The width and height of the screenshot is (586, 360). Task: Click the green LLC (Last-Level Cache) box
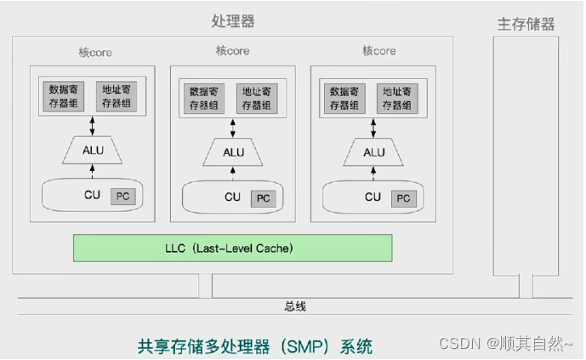tap(232, 248)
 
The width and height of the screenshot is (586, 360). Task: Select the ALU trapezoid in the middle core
tap(233, 152)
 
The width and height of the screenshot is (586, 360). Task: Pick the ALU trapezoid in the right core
tap(373, 152)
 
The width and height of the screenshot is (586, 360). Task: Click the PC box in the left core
tap(122, 196)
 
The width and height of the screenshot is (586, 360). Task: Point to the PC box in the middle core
tap(263, 198)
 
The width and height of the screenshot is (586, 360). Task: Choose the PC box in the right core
tap(404, 198)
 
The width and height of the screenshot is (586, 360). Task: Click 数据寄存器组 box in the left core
tap(65, 96)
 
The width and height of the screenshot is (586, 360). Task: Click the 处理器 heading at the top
tap(232, 20)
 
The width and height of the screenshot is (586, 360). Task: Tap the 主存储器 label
tap(526, 24)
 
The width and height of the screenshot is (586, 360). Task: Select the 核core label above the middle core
tap(232, 51)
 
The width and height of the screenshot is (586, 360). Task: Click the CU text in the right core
tap(373, 197)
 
